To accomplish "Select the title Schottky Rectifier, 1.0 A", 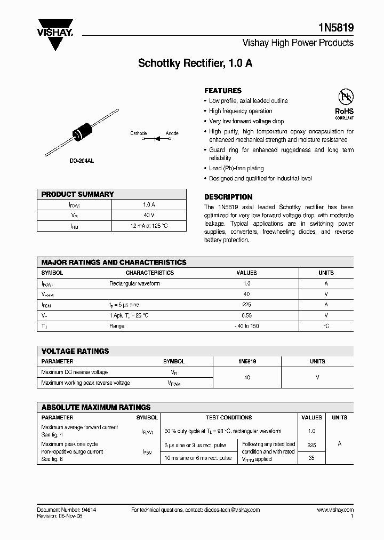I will tap(195, 63).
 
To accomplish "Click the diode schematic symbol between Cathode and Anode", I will tap(157, 139).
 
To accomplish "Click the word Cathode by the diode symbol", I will tap(138, 133).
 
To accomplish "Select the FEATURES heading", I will tap(223, 91).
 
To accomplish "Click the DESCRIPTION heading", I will tap(228, 197).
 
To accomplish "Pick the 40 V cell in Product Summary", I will tap(149, 215).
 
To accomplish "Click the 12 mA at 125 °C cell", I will tap(149, 226).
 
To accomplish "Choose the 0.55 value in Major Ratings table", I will tap(246, 315).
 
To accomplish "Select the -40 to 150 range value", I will tap(246, 326).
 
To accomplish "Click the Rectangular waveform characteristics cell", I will tap(134, 284).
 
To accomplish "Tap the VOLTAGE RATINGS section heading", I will tap(75, 351).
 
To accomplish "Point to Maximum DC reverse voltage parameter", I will tap(74, 372).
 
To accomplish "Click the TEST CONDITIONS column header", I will tap(228, 418).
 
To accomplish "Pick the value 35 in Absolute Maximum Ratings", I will tap(311, 457).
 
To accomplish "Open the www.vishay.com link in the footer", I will tap(334, 510).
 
